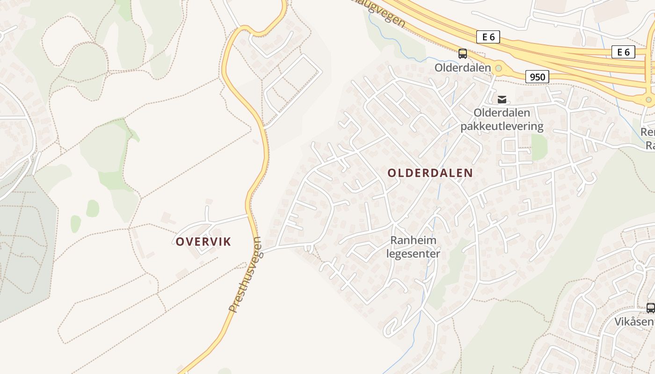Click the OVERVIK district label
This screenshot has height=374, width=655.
click(x=204, y=242)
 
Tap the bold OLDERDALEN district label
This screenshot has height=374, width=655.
click(x=430, y=173)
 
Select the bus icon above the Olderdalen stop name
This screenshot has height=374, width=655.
click(x=463, y=54)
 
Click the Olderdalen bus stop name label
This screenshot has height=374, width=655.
click(x=463, y=68)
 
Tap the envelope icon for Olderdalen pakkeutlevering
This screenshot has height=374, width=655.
click(x=502, y=99)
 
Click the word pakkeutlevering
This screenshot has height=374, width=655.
click(x=502, y=126)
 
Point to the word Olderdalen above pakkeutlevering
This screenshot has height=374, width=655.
click(x=502, y=113)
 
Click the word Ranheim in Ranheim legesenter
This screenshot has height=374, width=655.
click(x=414, y=240)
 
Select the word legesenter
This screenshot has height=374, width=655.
click(x=414, y=254)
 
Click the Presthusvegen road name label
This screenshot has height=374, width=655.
click(x=245, y=274)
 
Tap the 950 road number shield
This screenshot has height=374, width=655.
click(x=537, y=77)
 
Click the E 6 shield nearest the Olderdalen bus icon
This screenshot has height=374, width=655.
click(x=488, y=37)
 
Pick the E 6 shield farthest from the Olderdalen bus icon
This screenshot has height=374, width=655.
click(x=623, y=52)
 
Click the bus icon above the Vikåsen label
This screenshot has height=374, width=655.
click(x=650, y=308)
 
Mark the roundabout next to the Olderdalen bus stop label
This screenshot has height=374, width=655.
click(x=499, y=69)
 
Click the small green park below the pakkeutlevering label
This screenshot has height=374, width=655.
click(x=539, y=147)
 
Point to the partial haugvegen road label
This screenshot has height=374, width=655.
click(x=381, y=14)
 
